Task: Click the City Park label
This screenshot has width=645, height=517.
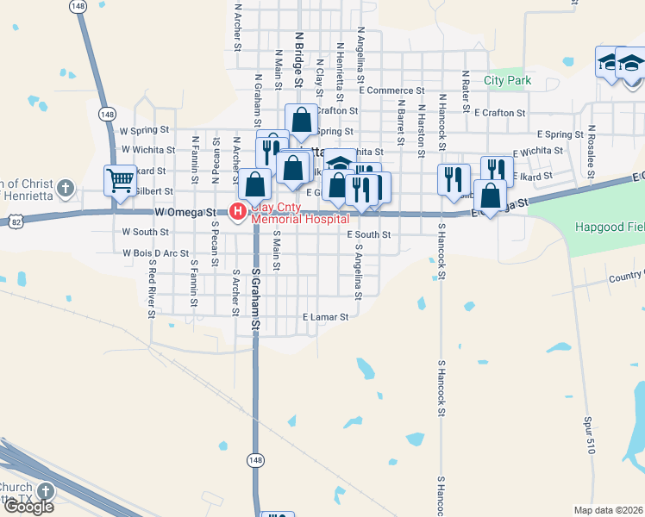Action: pos(507,80)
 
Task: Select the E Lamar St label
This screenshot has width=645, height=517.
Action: pos(324,317)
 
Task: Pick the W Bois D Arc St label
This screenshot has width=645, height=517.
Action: pos(155,253)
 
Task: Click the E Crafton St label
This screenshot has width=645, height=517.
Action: pos(499,113)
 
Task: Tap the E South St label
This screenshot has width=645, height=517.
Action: pos(369,234)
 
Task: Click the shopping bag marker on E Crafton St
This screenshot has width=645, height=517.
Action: pos(302,121)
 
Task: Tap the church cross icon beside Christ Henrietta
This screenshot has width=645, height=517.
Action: pos(66,188)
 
